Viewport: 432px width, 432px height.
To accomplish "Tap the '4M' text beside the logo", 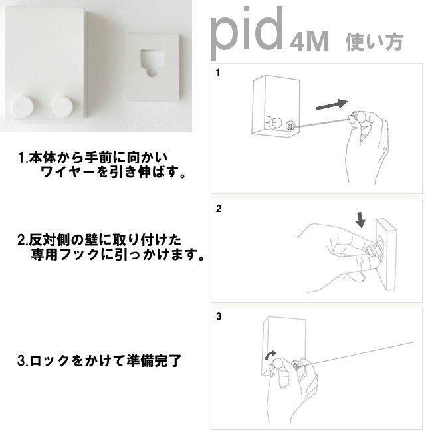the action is (x=310, y=41).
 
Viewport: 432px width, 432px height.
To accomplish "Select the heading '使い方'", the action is (x=375, y=42).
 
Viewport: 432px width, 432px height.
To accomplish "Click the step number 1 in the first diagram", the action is (x=218, y=72).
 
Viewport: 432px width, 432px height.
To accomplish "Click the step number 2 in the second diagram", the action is (x=219, y=209).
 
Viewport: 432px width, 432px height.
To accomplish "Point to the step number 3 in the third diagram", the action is (x=219, y=316).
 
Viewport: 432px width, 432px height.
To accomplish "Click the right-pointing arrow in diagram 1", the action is (x=332, y=105).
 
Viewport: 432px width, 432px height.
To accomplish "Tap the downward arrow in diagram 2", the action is (x=360, y=220).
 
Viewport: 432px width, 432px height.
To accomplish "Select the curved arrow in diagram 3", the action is (x=270, y=355).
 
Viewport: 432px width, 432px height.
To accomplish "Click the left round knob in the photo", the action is (x=24, y=106).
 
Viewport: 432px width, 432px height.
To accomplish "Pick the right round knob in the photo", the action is (x=63, y=106).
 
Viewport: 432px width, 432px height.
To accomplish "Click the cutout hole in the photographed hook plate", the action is (x=151, y=62).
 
